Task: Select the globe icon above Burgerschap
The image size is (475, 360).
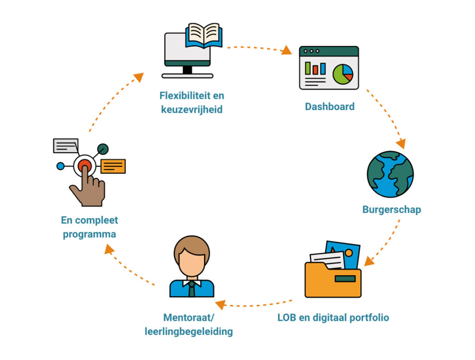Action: tap(390, 174)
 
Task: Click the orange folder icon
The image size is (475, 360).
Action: tap(333, 278)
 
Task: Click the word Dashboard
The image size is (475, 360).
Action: tap(329, 107)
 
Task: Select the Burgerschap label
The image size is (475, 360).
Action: tap(392, 210)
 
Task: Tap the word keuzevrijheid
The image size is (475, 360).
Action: tap(192, 110)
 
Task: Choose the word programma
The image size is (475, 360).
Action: tap(90, 234)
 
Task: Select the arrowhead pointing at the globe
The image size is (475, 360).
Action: tap(401, 143)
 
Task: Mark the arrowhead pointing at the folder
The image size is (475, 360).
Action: tap(368, 262)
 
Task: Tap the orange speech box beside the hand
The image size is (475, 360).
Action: tap(113, 166)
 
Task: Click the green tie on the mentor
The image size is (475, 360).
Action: tap(192, 289)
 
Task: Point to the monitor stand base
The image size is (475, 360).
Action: tap(187, 76)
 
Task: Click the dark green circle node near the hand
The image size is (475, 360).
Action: tap(103, 149)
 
